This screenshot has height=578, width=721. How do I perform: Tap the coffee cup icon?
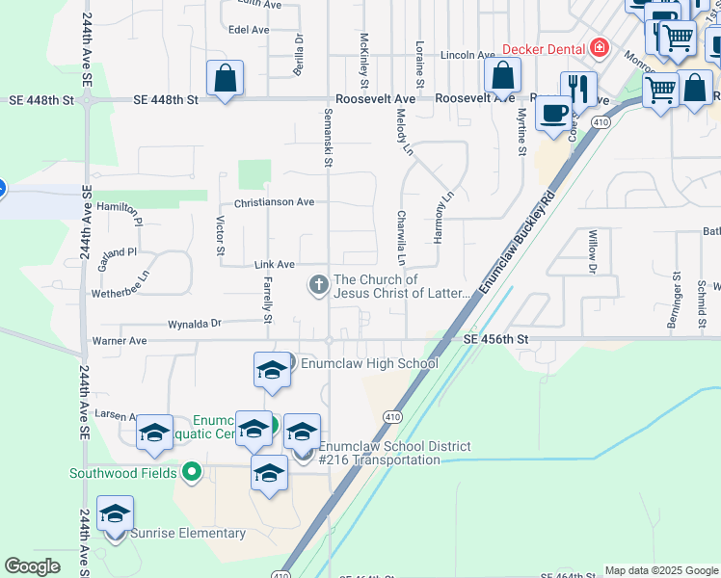(x=553, y=114)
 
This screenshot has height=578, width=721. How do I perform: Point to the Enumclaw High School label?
(x=369, y=363)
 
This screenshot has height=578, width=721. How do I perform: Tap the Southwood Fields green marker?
(x=191, y=472)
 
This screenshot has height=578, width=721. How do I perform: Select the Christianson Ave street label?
(x=274, y=202)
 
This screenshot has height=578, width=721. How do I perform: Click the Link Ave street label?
(x=274, y=264)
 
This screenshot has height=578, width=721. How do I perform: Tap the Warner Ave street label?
(x=119, y=340)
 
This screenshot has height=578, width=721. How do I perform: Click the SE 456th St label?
(x=495, y=339)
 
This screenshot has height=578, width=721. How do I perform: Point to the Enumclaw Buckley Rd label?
(x=517, y=242)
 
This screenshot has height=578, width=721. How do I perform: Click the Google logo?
(x=32, y=566)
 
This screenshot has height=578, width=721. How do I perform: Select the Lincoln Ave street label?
(x=467, y=55)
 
